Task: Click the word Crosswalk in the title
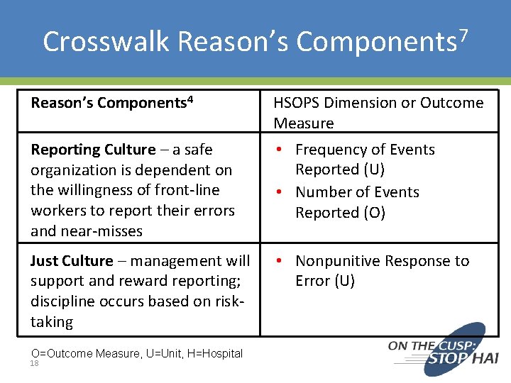(x=106, y=41)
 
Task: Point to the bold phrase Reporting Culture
(x=93, y=150)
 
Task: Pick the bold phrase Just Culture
(x=72, y=261)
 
